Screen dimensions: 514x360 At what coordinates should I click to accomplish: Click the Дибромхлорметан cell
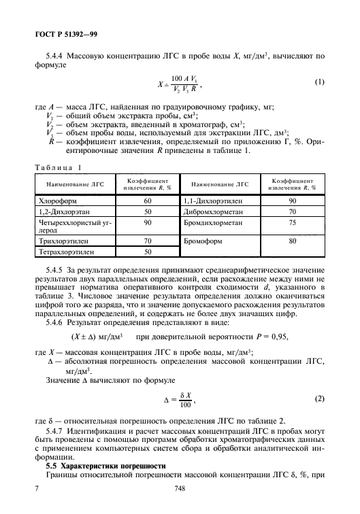[212, 212]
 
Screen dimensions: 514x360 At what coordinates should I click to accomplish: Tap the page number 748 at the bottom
[180, 487]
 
